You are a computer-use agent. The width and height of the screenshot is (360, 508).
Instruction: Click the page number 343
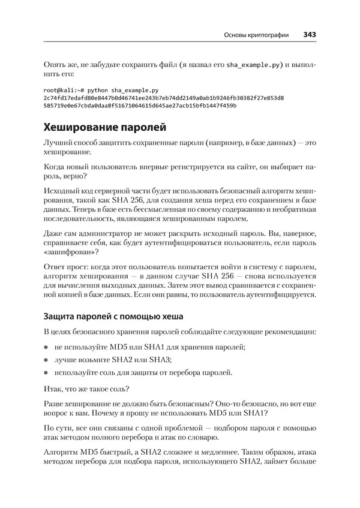[310, 35]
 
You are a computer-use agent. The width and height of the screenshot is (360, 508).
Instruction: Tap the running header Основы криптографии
[255, 35]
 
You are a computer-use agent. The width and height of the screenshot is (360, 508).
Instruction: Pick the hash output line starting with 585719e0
[140, 105]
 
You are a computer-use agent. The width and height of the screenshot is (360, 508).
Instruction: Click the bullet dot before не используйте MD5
[47, 347]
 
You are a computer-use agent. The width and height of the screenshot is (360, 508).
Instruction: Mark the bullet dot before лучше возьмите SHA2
[47, 359]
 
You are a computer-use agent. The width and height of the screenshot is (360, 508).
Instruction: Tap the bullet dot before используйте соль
[47, 372]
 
